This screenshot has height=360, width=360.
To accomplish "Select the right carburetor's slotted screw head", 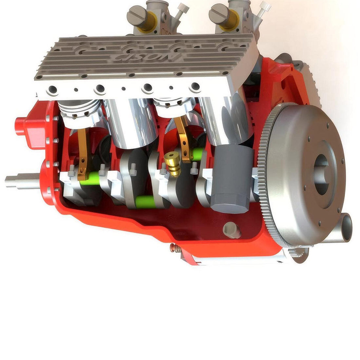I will click(218, 13).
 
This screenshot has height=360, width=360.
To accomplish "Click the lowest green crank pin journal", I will click(145, 202).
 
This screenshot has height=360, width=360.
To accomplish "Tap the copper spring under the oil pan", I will click(176, 249).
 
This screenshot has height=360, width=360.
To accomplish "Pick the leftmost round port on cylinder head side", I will click(52, 89).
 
